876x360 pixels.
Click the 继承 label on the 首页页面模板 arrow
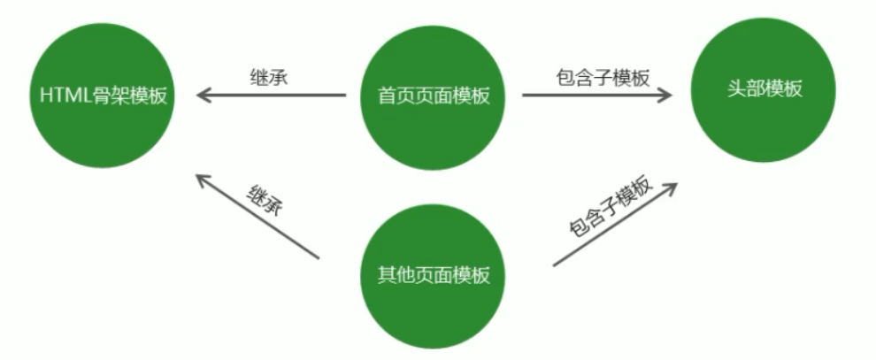(270, 77)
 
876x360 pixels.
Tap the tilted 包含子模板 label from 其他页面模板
(611, 205)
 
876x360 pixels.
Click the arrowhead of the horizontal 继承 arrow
(204, 95)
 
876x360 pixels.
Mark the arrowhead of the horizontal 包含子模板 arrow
(664, 95)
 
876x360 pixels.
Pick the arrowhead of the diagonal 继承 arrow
(203, 180)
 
